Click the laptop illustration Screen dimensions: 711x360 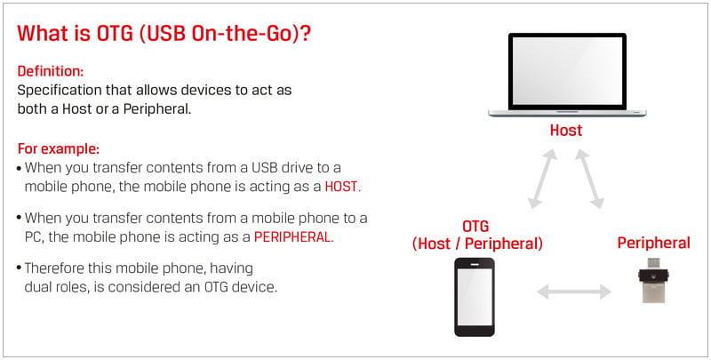point(567,75)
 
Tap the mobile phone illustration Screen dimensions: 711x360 point(475,297)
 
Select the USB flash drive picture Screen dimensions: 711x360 point(653,280)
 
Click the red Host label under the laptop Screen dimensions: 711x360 point(566,131)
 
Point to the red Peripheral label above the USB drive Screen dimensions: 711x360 point(654,243)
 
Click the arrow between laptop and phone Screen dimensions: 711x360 point(543,179)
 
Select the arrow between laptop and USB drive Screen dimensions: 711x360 point(590,179)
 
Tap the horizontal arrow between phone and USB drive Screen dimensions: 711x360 point(574,292)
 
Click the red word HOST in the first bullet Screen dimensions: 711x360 point(341,188)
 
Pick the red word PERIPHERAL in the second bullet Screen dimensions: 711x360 point(292,237)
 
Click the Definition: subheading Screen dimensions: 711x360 point(51,71)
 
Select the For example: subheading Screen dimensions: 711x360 point(59,148)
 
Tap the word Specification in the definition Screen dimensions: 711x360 point(59,91)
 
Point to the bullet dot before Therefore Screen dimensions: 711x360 point(19,268)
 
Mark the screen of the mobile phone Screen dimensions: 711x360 point(475,297)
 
